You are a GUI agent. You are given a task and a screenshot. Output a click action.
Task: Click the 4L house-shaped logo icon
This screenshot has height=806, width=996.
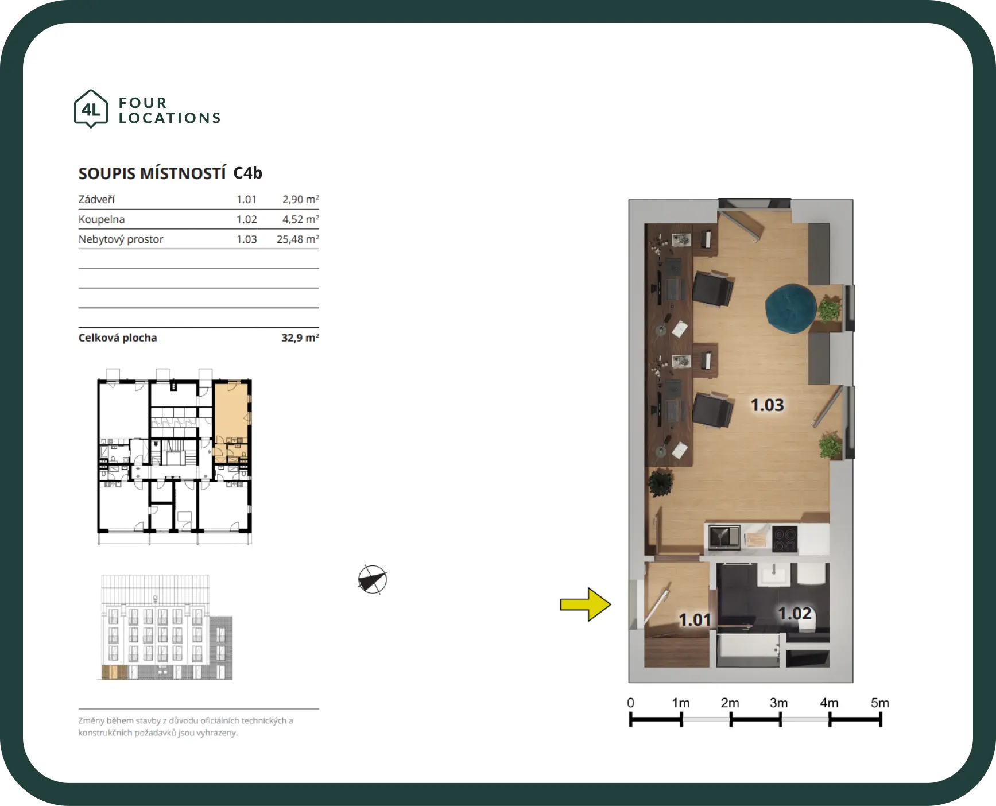click(x=91, y=108)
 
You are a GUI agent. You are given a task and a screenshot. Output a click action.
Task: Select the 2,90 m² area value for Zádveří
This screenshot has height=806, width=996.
click(x=300, y=199)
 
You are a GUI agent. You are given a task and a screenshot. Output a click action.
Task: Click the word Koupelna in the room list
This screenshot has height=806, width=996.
click(x=102, y=219)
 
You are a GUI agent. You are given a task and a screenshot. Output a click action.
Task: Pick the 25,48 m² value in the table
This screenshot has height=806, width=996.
click(x=297, y=239)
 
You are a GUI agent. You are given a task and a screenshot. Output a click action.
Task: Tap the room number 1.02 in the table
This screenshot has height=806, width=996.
click(x=247, y=219)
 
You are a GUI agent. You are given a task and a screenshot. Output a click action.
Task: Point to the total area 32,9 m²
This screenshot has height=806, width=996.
click(x=300, y=338)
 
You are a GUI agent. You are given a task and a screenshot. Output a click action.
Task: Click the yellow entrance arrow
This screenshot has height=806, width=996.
click(x=586, y=604)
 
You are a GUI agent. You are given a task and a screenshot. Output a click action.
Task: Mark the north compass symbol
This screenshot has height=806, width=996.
click(x=373, y=579)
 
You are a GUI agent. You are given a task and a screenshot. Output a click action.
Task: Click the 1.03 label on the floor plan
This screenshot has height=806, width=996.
click(x=767, y=405)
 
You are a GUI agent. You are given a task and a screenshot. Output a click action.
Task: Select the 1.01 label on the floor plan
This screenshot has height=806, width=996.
click(x=695, y=619)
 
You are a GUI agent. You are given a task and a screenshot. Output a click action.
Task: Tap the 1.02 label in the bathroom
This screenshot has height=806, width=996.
click(x=795, y=613)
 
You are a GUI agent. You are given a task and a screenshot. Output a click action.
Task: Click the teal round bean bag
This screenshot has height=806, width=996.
click(x=790, y=308)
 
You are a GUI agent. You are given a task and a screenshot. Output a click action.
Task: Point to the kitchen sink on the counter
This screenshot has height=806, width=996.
click(x=724, y=538)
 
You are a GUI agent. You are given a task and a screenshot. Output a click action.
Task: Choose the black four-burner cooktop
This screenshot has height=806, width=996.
click(x=785, y=539)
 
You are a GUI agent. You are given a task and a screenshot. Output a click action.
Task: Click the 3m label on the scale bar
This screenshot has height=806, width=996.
click(x=778, y=703)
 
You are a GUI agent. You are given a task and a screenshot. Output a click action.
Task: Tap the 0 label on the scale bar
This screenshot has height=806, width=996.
click(x=630, y=703)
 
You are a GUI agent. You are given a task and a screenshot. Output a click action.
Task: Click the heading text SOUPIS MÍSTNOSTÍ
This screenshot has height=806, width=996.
click(x=152, y=173)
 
